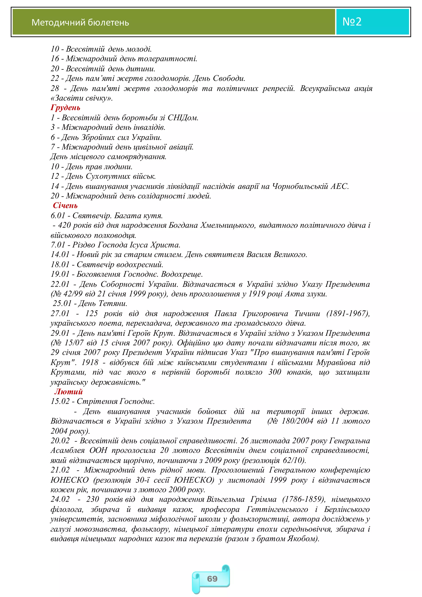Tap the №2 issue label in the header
tap(352, 22)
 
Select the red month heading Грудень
tap(65, 108)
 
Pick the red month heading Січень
tap(65, 206)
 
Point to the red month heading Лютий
tap(68, 392)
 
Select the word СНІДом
tap(183, 118)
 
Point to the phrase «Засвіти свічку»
tap(81, 98)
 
